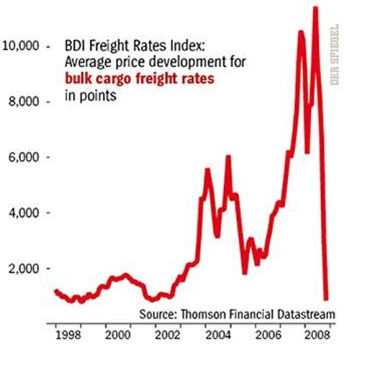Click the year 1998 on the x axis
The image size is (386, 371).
coord(67,335)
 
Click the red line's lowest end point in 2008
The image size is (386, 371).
coord(326,298)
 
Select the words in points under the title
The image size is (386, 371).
coord(92,95)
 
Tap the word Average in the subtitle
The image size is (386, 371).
coord(88,63)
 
